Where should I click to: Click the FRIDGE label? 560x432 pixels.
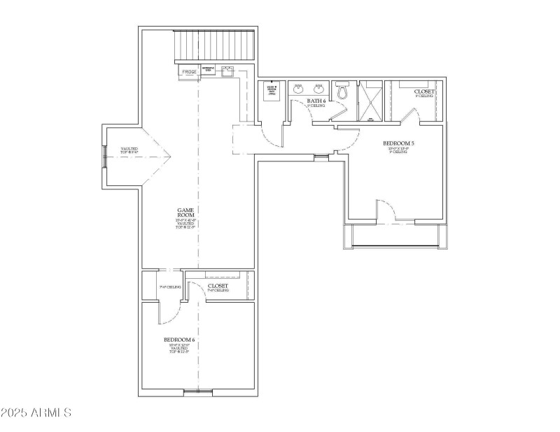point(189,72)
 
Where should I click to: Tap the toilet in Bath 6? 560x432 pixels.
point(343,91)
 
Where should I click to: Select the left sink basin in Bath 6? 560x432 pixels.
point(298,88)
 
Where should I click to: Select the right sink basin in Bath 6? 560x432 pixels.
point(319,88)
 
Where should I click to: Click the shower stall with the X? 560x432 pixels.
point(371,101)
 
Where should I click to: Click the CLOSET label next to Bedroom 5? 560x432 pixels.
point(424,92)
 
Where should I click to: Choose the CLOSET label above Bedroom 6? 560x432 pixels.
point(218,286)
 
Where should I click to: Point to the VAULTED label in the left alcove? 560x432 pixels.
point(129,150)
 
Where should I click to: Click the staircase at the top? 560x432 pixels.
point(213,46)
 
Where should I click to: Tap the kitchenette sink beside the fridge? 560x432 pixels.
point(227,71)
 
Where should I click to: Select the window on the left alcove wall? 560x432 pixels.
point(105,157)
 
